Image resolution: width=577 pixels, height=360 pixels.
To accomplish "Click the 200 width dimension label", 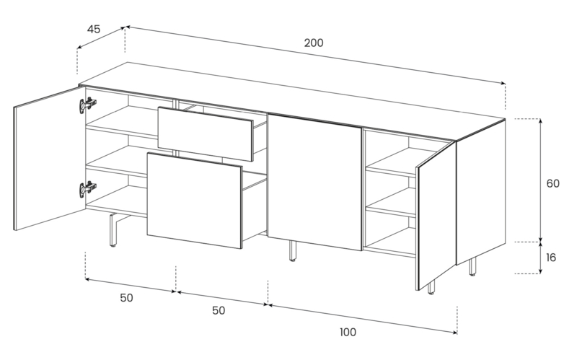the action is [x=314, y=43].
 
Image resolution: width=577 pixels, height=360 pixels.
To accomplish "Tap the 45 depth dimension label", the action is [x=94, y=29].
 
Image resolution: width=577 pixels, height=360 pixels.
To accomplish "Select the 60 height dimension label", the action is [x=552, y=183].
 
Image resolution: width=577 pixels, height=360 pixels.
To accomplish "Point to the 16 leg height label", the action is [x=550, y=258].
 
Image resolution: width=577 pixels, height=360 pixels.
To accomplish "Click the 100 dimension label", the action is [x=348, y=332].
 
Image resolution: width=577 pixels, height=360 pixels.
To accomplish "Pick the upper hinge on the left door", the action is [x=87, y=105].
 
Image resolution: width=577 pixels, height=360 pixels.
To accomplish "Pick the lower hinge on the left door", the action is [x=87, y=189].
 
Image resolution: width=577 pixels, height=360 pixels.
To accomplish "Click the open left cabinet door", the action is [x=49, y=158].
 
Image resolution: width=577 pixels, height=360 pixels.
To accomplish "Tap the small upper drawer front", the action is [x=206, y=133].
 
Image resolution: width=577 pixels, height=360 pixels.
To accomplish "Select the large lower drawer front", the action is [x=194, y=201].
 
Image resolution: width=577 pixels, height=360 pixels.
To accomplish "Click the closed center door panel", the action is [x=315, y=182].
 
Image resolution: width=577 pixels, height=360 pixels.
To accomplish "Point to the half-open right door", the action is [x=436, y=215].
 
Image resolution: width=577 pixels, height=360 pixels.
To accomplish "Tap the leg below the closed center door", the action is [x=292, y=251].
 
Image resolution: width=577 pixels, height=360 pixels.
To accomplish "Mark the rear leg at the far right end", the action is [x=472, y=266].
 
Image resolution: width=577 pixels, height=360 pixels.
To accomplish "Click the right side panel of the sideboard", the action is [x=480, y=192].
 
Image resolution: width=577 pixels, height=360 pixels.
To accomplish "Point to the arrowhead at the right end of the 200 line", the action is [x=503, y=83].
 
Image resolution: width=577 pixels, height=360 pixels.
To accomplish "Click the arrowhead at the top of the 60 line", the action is [x=540, y=121].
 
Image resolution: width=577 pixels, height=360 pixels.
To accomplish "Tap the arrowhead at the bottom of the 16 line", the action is [x=540, y=271].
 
